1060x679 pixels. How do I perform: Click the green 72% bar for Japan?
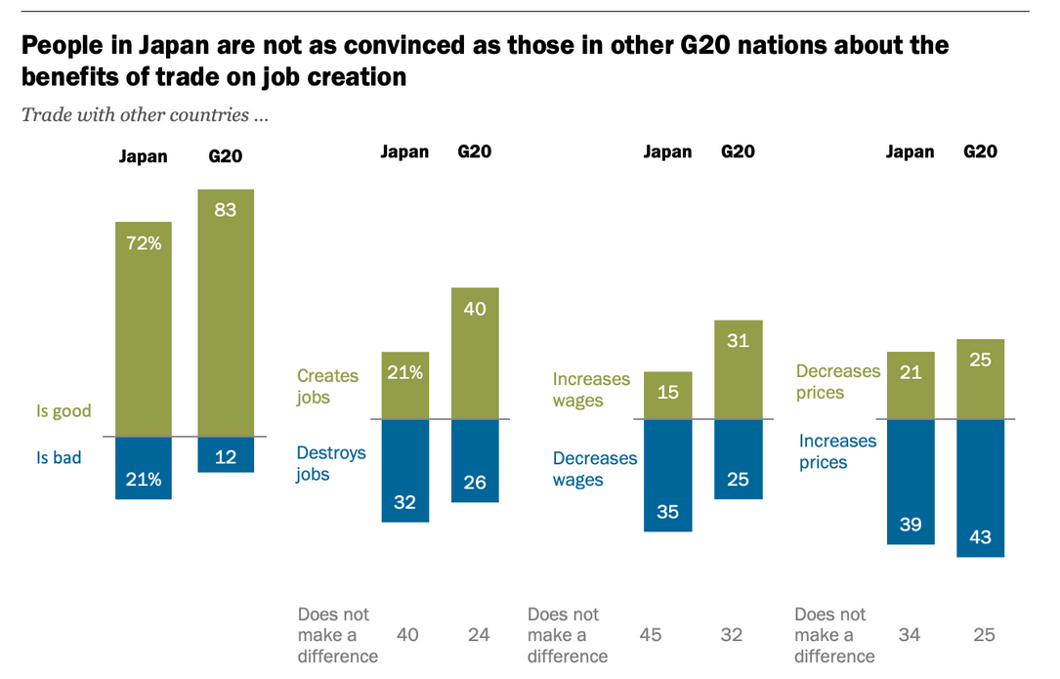[x=144, y=328]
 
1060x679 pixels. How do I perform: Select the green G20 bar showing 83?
[x=226, y=313]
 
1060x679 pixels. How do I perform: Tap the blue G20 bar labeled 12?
[x=226, y=455]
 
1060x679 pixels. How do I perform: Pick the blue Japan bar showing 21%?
[x=144, y=468]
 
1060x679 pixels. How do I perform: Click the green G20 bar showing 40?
[x=475, y=354]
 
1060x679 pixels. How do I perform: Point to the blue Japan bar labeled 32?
[x=404, y=471]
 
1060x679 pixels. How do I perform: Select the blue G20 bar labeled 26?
[x=475, y=461]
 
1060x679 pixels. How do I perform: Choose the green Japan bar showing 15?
[x=668, y=396]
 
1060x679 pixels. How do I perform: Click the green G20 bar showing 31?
[x=739, y=370]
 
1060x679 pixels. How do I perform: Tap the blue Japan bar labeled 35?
[x=668, y=476]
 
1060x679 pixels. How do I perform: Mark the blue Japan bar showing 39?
[x=911, y=482]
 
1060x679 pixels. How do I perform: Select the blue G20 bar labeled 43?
[x=981, y=488]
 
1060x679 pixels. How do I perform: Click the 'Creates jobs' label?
[x=327, y=387]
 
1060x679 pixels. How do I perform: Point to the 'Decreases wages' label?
[x=594, y=469]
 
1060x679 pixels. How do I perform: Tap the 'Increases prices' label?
[x=837, y=451]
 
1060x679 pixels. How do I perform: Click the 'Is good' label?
[x=64, y=411]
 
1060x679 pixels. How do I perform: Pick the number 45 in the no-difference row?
[x=651, y=635]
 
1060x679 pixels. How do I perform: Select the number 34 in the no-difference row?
[x=911, y=635]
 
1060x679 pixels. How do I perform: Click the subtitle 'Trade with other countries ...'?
[x=145, y=115]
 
